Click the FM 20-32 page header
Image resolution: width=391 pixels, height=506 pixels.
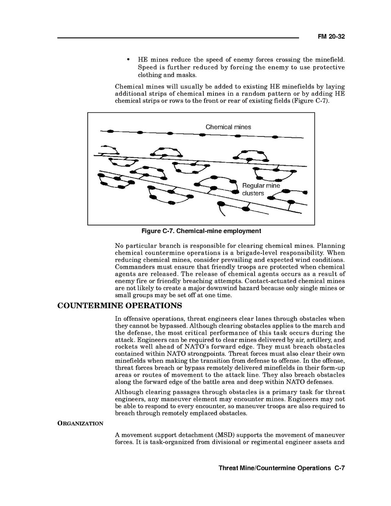(331, 37)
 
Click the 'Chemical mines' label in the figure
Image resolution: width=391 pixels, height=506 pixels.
(228, 127)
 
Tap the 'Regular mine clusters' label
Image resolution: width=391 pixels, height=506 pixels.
(261, 189)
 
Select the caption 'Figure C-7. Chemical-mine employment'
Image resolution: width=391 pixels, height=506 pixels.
(201, 231)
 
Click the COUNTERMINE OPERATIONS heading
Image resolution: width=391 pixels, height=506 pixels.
(120, 306)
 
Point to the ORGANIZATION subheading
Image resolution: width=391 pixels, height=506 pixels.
(80, 423)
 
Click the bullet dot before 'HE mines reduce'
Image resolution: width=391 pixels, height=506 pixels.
(128, 59)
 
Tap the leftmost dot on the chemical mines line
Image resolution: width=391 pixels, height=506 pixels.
(110, 131)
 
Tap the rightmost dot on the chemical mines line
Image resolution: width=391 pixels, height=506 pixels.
(275, 136)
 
